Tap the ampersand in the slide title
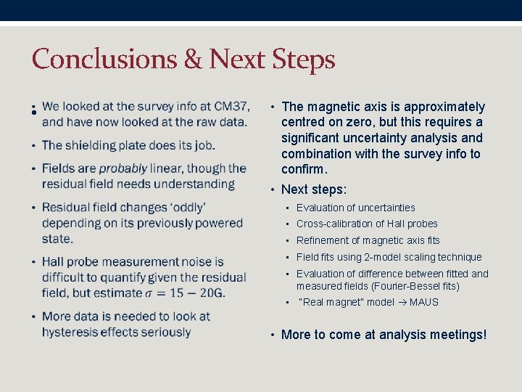193,60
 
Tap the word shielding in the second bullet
94,145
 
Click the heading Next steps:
314,189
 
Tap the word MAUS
424,302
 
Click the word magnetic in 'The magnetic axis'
330,107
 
